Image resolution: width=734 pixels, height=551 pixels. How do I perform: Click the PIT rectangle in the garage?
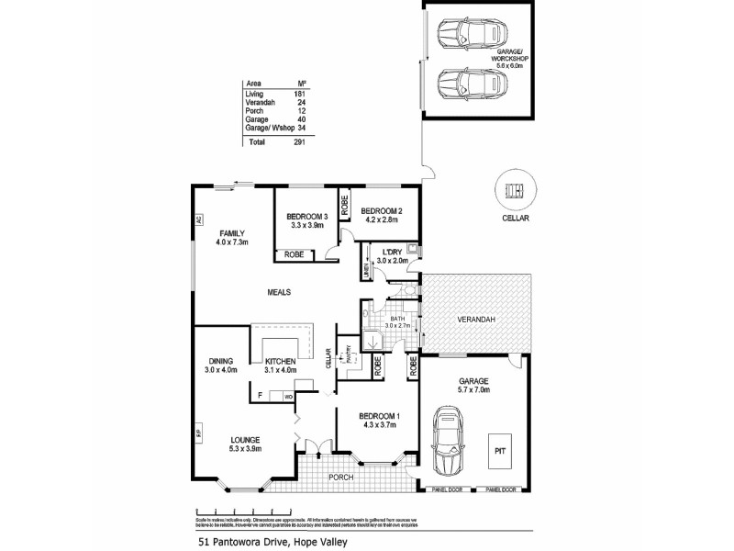pos(498,451)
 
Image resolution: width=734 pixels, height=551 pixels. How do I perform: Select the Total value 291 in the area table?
pos(299,141)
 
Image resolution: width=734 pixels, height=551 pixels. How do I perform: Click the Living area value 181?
pos(299,95)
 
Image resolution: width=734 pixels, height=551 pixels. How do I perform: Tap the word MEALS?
pos(279,292)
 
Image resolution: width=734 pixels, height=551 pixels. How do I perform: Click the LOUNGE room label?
pos(246,439)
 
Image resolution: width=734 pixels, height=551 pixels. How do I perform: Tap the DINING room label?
pos(220,360)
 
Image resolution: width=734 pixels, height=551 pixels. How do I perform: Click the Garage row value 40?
pos(299,119)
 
